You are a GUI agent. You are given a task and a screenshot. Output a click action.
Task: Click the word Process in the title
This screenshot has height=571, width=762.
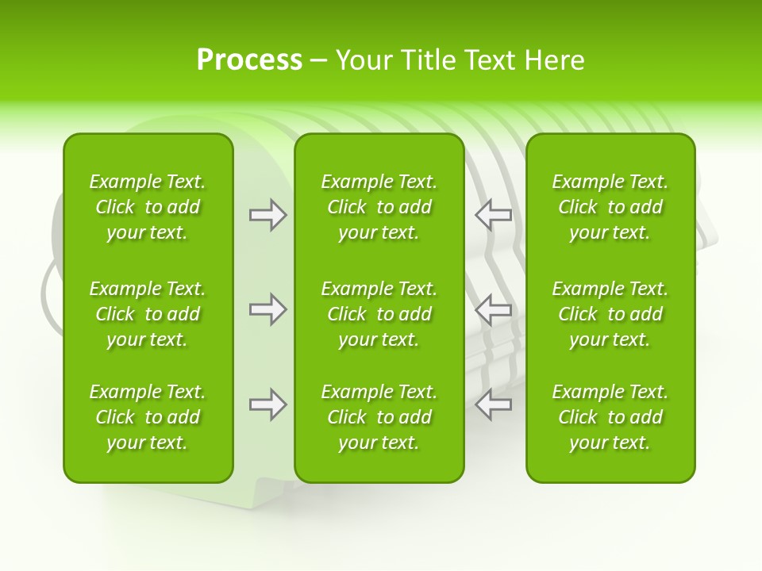[x=249, y=60]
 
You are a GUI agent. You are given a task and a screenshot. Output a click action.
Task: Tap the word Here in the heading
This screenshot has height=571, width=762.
[x=553, y=60]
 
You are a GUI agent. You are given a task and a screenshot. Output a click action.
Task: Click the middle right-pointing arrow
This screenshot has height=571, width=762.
[x=267, y=309]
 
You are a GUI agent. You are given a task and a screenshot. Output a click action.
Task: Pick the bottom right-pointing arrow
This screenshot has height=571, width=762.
[x=267, y=404]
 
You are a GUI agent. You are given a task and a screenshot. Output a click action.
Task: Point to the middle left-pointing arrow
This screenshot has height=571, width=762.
[x=494, y=309]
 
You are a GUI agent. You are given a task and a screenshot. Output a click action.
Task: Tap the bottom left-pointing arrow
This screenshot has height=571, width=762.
[x=494, y=404]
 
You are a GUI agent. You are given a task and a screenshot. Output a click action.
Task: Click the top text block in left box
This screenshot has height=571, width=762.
[x=148, y=207]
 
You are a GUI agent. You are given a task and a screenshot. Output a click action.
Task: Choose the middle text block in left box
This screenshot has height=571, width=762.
[x=148, y=314]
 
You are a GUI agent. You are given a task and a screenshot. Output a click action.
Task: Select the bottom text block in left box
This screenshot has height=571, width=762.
[x=148, y=417]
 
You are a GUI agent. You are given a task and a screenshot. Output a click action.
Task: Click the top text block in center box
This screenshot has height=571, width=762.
[x=379, y=207]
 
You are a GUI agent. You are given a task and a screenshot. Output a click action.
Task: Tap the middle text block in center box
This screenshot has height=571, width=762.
[x=379, y=314]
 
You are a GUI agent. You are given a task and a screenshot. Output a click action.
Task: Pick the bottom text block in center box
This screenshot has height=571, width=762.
[x=379, y=417]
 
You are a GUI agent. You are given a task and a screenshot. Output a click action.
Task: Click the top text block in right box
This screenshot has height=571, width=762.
[x=610, y=207]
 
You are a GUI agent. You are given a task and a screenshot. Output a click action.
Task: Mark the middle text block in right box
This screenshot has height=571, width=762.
[x=610, y=314]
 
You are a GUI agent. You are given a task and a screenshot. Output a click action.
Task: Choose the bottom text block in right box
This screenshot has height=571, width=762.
[x=610, y=417]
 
